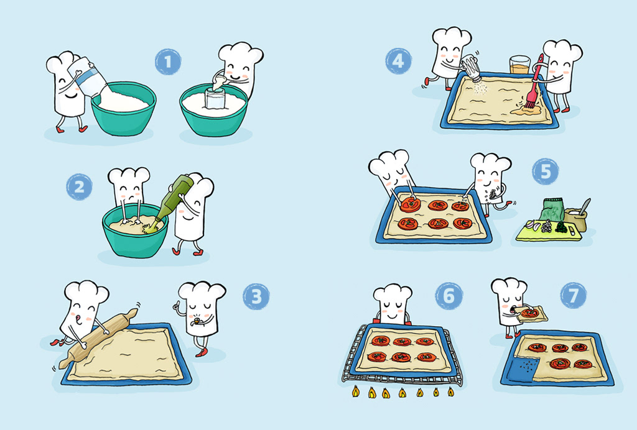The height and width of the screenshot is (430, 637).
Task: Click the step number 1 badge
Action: click(x=168, y=62)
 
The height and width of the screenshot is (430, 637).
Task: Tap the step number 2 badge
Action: click(x=79, y=186)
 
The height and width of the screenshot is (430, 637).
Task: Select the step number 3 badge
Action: click(x=256, y=296)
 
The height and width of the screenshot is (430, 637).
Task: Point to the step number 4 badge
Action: click(x=398, y=61)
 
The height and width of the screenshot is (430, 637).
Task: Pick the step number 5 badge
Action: click(x=545, y=172)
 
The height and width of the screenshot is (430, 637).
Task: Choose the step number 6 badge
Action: click(x=449, y=296)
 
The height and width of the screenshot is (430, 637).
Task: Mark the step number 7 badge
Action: click(x=573, y=295)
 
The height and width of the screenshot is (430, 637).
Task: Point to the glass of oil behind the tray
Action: click(x=520, y=65)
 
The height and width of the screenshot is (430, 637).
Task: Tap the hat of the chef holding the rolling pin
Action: click(x=86, y=293)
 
